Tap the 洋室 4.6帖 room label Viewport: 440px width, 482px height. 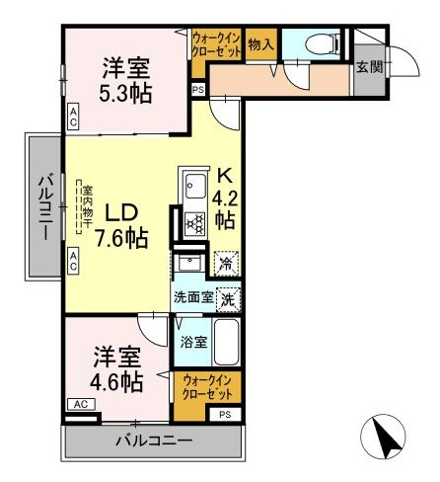pyautogui.click(x=118, y=368)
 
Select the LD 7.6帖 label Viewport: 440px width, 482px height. pyautogui.click(x=126, y=225)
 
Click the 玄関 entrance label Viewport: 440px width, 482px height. pyautogui.click(x=369, y=68)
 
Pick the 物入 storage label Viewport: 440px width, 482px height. pyautogui.click(x=261, y=44)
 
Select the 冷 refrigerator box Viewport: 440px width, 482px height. pyautogui.click(x=226, y=264)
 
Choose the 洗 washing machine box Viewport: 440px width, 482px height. pyautogui.click(x=227, y=295)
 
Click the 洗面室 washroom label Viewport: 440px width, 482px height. pyautogui.click(x=193, y=295)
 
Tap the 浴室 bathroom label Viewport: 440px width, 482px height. pyautogui.click(x=193, y=343)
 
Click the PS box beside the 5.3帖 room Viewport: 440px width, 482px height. pyautogui.click(x=198, y=90)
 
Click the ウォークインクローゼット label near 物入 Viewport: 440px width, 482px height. pyautogui.click(x=216, y=44)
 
